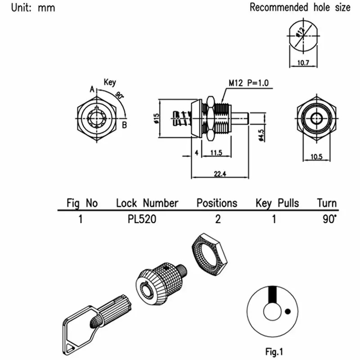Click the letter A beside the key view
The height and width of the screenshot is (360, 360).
[92, 90]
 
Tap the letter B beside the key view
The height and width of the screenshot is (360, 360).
[124, 125]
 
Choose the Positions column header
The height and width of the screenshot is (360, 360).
[216, 203]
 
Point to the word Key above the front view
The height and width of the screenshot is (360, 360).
[110, 82]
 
